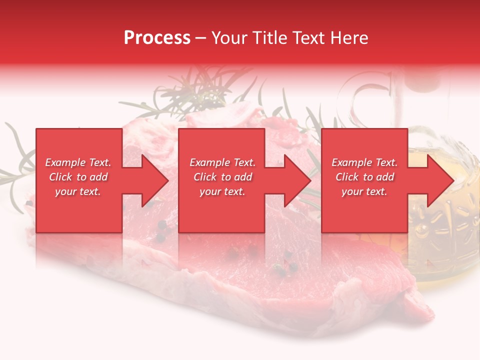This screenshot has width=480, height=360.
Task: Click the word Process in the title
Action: (157, 38)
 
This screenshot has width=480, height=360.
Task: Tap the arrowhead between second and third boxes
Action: (297, 180)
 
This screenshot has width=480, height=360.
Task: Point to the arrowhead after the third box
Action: (440, 180)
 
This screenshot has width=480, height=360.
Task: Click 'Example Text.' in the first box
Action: (78, 162)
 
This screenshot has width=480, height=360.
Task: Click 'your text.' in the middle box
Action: (222, 191)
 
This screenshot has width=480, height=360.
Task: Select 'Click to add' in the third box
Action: (364, 177)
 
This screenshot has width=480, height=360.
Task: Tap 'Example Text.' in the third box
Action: (364, 162)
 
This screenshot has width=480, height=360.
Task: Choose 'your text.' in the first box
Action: (78, 191)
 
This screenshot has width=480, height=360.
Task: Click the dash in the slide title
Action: (200, 38)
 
